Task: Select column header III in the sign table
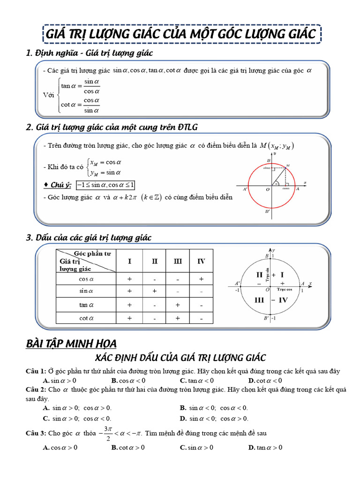[178, 261]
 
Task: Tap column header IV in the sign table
[201, 261]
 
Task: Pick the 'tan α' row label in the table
[86, 305]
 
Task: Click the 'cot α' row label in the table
[86, 318]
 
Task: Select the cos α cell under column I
[129, 279]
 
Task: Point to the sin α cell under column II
[154, 291]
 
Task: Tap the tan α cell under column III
[178, 305]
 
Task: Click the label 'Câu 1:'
[36, 371]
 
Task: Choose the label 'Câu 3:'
[36, 433]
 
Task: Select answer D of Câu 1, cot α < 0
[265, 380]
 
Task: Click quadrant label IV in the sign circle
[284, 300]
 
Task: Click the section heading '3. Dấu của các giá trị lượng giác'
[89, 238]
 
